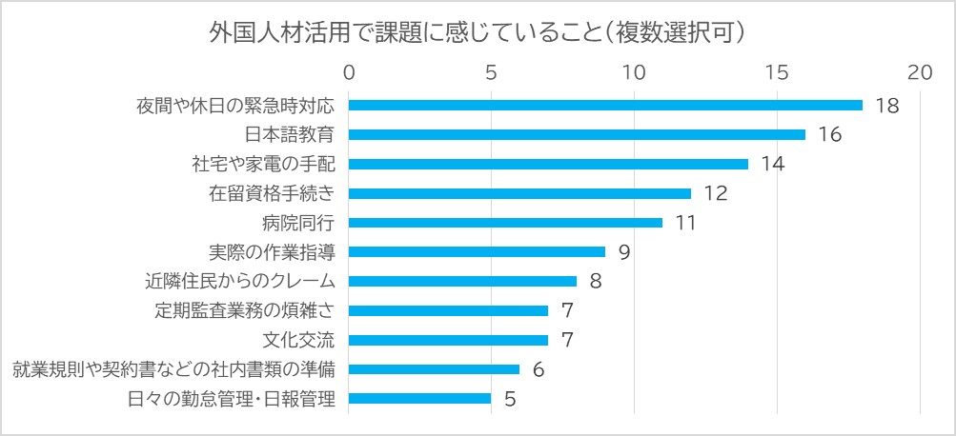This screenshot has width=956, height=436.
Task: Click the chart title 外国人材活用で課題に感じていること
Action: coord(477,32)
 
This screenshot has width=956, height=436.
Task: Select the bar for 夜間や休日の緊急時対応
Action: coord(605,106)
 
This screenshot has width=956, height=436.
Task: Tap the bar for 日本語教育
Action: coord(577,135)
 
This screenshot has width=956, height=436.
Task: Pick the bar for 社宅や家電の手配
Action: coord(548,164)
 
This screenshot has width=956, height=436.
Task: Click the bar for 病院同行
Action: coord(505,223)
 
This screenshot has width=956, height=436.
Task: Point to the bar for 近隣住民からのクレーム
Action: coord(462,281)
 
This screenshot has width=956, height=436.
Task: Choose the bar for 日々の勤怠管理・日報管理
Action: coord(419,398)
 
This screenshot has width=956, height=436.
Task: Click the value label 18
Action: coord(887,106)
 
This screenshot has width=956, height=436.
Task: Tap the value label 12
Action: coord(716,193)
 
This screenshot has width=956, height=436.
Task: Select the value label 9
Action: coord(624,252)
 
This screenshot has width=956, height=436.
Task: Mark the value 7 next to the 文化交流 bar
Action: coord(567,340)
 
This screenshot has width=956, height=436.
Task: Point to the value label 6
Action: coord(539,369)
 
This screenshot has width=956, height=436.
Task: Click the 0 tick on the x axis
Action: coord(349,72)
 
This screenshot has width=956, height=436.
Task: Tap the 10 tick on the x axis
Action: coord(634,72)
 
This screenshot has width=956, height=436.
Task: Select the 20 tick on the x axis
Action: coord(919,72)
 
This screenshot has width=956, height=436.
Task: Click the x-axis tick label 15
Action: coord(777,72)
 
